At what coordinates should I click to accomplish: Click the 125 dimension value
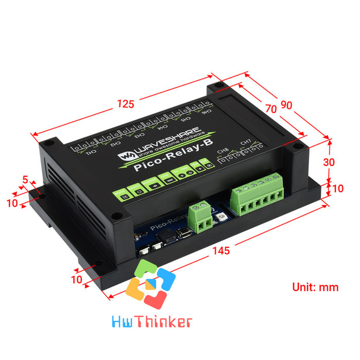point(125,104)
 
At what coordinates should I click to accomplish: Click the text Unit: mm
point(315,287)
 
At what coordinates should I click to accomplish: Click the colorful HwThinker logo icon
point(151,285)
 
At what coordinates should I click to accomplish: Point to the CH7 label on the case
point(246,141)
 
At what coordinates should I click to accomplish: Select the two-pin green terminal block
point(201,218)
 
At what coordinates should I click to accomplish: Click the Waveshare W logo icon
point(125,154)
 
